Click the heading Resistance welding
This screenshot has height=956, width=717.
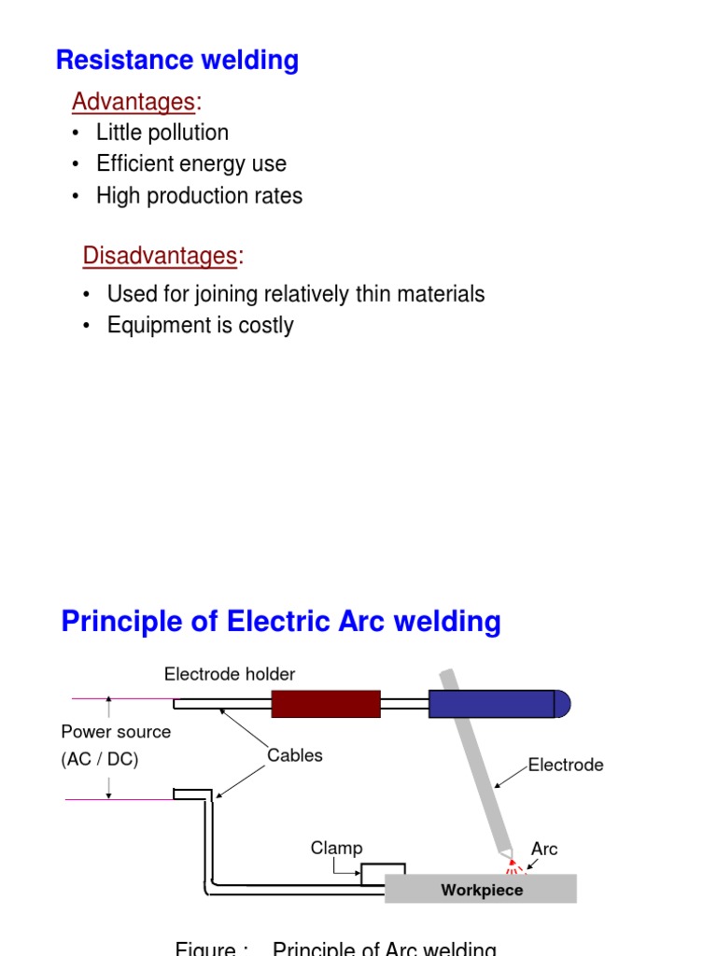tap(177, 61)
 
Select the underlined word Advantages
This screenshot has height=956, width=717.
tap(134, 101)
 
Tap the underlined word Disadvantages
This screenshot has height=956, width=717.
tap(160, 255)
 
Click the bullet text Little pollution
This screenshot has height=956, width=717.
tap(162, 133)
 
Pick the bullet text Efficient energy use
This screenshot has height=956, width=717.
tap(190, 164)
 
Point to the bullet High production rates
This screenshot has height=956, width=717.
tap(199, 196)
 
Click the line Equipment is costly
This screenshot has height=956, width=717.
tap(200, 326)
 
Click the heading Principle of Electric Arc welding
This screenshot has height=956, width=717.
tap(280, 622)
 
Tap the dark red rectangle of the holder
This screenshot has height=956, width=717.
tap(326, 704)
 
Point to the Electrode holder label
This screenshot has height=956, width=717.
tap(230, 674)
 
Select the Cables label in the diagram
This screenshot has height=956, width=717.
tap(295, 755)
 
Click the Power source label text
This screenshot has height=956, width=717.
tap(116, 732)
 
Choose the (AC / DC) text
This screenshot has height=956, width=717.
tap(100, 760)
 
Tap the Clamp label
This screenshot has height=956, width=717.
tap(336, 848)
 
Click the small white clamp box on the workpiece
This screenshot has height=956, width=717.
tap(383, 874)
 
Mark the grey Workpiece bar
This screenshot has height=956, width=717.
tap(481, 889)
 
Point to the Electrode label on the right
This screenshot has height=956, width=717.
tap(566, 765)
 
